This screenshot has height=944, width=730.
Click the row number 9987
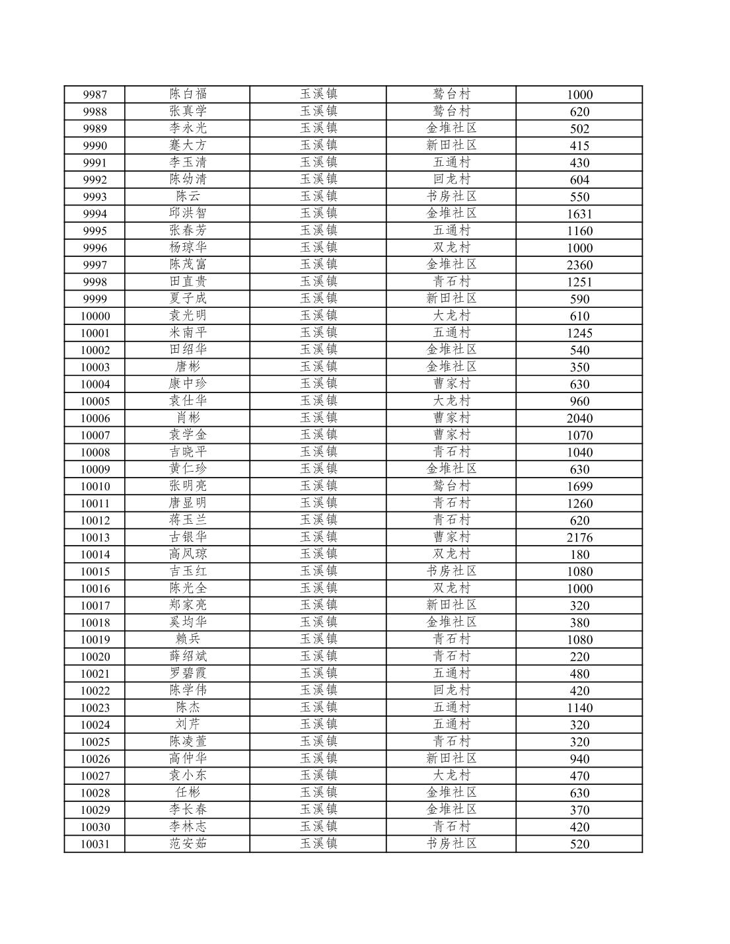click(94, 94)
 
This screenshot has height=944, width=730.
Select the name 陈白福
click(188, 94)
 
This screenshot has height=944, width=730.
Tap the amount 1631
click(579, 213)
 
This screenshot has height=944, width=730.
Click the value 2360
click(579, 265)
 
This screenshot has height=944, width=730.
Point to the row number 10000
click(94, 316)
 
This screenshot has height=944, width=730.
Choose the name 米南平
click(188, 332)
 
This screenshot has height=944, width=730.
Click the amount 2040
click(579, 418)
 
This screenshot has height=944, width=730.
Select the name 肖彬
click(188, 418)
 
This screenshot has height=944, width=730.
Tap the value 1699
click(579, 486)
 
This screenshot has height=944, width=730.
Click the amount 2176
click(579, 537)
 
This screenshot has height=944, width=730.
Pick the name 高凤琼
click(188, 554)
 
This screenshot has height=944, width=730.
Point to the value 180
click(579, 554)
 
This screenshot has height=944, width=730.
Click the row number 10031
click(94, 844)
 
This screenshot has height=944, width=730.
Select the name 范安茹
click(188, 843)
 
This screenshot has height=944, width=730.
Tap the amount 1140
click(579, 708)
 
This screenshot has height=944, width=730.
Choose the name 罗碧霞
click(188, 673)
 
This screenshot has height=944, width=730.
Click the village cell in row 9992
click(451, 179)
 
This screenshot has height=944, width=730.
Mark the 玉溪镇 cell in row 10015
click(318, 571)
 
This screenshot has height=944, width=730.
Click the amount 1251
click(579, 282)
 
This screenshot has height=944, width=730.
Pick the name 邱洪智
click(188, 213)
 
